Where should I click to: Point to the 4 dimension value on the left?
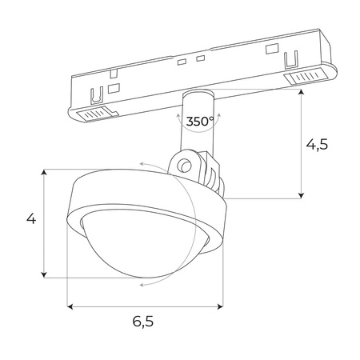click(31, 219)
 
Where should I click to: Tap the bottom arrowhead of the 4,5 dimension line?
click(302, 194)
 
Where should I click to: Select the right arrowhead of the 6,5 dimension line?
click(222, 305)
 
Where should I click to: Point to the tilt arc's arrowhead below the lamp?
click(141, 283)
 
